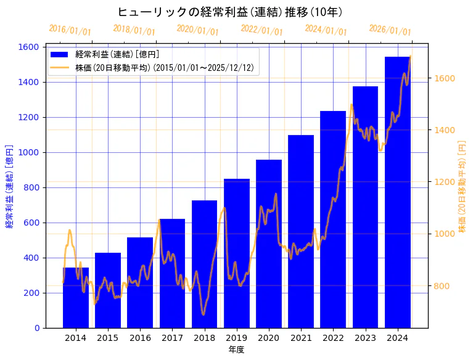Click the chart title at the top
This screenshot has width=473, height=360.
coord(230,12)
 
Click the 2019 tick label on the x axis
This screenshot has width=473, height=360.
coord(237,337)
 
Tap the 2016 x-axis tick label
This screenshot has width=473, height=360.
coord(140,337)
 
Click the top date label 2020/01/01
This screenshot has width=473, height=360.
coord(197,30)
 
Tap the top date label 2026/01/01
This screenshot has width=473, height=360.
coord(390,31)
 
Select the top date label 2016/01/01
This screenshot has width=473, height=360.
coord(70,30)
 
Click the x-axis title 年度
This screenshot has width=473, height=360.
coord(236,350)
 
